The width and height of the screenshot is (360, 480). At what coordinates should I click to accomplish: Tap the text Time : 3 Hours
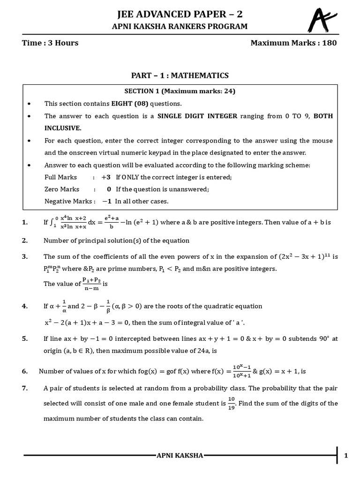click(50, 43)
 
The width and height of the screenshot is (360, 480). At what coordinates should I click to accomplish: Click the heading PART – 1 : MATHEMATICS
click(180, 75)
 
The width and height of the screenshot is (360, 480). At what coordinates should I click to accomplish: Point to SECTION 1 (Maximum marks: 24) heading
click(180, 91)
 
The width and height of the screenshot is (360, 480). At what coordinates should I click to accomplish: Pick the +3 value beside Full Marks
click(106, 177)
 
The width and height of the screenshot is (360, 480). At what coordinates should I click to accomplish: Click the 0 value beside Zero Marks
click(109, 189)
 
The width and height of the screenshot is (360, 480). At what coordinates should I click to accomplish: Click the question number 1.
click(25, 223)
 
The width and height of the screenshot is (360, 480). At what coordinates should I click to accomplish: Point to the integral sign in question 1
click(52, 222)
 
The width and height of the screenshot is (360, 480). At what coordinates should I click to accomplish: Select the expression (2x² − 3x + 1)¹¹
click(302, 257)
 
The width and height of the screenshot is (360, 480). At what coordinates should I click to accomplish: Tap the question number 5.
click(25, 338)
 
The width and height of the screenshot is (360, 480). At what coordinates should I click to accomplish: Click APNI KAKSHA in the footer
click(180, 455)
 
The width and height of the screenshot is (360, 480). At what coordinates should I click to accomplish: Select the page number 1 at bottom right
click(346, 455)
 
